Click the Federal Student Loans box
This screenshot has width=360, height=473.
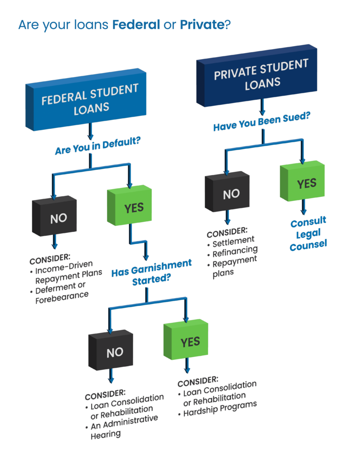coord(88,99)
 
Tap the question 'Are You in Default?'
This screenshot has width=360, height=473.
coord(98,147)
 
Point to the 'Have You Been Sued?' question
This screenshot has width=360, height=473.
coord(262,121)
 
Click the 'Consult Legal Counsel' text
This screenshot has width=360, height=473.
coord(308,233)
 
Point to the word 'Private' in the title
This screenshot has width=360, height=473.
coord(201,25)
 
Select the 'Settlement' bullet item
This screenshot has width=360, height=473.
coord(233,241)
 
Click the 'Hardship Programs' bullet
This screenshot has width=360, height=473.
coord(220,409)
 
